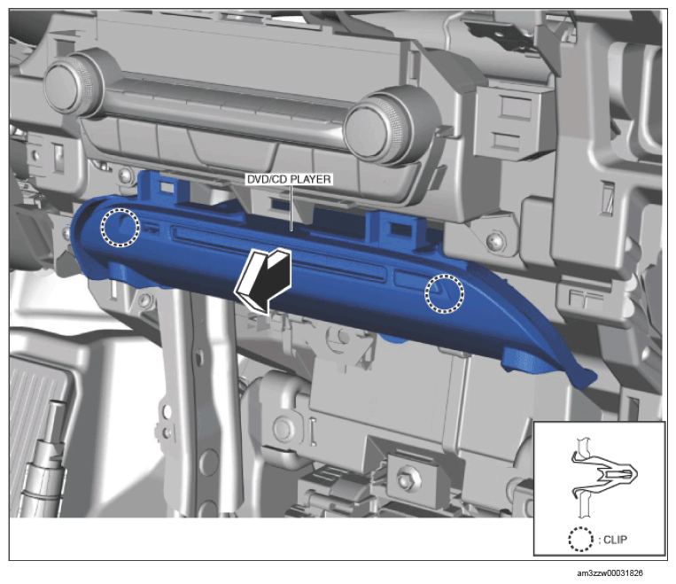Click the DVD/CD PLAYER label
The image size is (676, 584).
coord(289,179)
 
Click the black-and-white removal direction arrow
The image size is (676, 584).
coord(263,280)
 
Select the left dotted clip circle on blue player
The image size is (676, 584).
coord(120,227)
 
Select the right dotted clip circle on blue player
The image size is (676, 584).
coord(445,293)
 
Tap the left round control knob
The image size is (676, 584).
coord(74,82)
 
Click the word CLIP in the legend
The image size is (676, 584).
coord(615,540)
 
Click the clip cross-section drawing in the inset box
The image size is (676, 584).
coord(603,477)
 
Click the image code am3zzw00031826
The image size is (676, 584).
coord(610,573)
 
